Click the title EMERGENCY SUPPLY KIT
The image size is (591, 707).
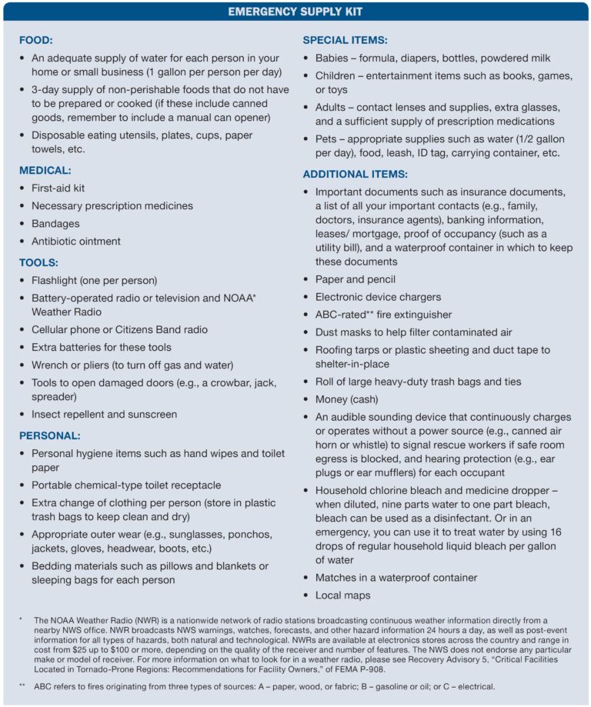[295, 12]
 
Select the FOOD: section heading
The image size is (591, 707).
[36, 40]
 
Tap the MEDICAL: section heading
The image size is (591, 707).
[45, 170]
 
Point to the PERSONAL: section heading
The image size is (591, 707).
[49, 435]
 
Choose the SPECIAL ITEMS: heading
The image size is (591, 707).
[345, 40]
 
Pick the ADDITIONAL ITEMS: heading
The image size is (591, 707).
[355, 174]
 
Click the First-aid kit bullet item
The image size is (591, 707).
[58, 188]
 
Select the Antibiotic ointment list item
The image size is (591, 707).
[75, 241]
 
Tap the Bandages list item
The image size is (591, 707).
[55, 223]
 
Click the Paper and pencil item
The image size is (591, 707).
[355, 279]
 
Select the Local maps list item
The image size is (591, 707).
[342, 595]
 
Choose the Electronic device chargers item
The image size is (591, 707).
[378, 297]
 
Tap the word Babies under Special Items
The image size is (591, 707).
[333, 58]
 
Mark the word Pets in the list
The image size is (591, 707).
[327, 138]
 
